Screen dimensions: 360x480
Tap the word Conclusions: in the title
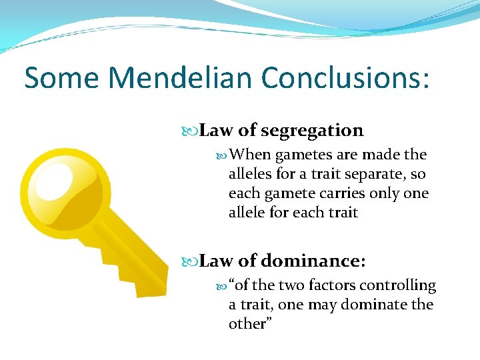tap(346, 77)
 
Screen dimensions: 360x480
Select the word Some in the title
tap(61, 77)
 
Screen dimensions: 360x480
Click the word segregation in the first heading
tap(312, 131)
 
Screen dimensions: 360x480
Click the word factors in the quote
tap(331, 285)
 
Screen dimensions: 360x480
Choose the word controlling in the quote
tap(398, 285)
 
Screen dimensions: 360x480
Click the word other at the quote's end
tap(247, 324)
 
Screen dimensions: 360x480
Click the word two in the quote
tap(291, 285)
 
